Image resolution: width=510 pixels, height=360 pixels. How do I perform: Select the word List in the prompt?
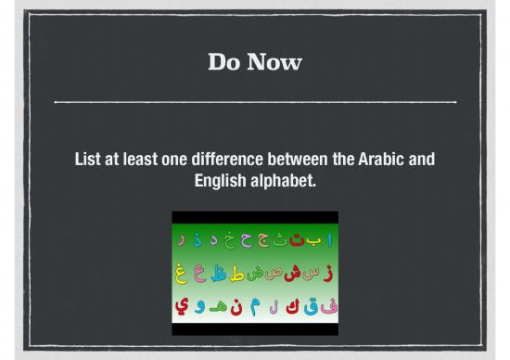(89, 160)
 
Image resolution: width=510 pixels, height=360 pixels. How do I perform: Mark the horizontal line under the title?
(255, 100)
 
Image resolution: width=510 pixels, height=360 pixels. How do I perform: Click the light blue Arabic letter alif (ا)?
(328, 240)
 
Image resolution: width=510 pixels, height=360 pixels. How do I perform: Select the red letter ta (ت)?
(296, 240)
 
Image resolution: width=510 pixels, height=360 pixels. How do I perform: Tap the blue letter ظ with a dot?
(218, 273)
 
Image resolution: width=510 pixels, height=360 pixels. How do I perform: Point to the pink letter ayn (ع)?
(199, 274)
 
